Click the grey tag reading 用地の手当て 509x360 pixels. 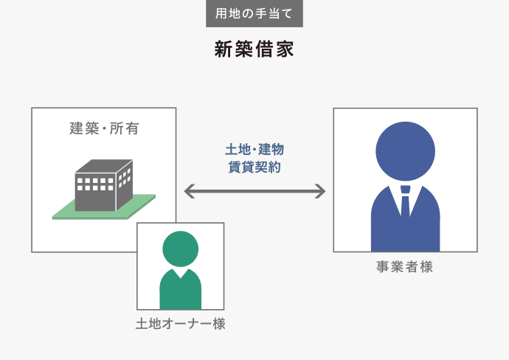tap(254, 14)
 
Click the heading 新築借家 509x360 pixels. tap(254, 49)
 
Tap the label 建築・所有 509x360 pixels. tap(104, 129)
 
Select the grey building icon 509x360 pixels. tap(103, 185)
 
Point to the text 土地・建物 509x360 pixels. tap(254, 150)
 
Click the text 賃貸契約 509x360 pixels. tap(254, 167)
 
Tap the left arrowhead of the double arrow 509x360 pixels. tap(189, 191)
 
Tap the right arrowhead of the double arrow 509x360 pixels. tap(319, 191)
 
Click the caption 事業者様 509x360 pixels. tap(405, 267)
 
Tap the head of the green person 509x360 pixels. tap(180, 249)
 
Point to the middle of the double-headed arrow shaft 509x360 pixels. tap(254, 191)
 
